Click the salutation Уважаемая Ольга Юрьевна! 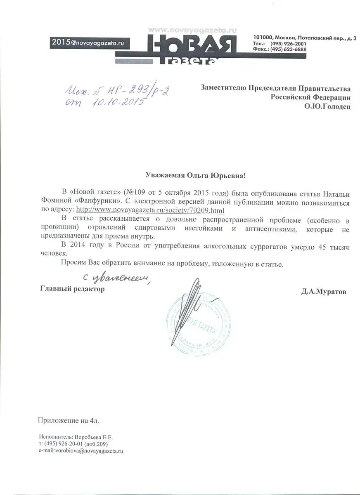(x=195, y=176)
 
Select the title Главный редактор (x=72, y=289)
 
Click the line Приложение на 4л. (x=69, y=421)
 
